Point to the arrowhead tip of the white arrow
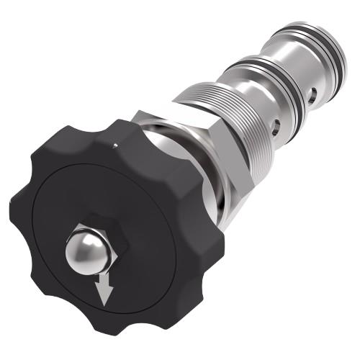pyautogui.click(x=107, y=300)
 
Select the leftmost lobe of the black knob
pyautogui.click(x=25, y=209)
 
